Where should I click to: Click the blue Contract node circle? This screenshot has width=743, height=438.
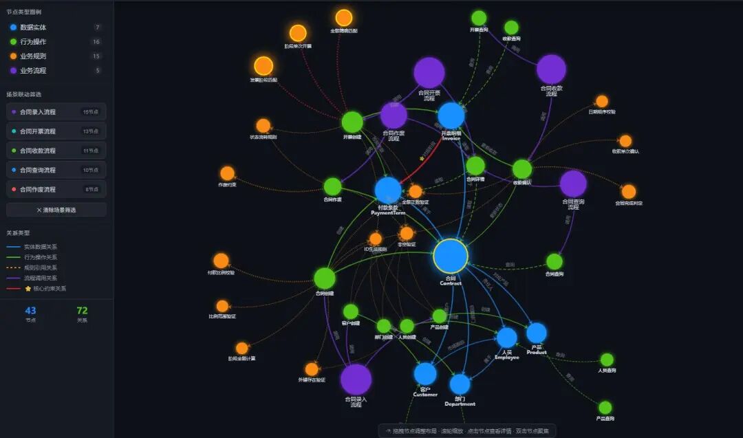[x=451, y=256]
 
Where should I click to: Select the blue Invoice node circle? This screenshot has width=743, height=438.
[x=451, y=116]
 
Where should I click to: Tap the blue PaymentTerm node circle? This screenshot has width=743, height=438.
[x=388, y=190]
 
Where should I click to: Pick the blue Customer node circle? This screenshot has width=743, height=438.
[x=425, y=373]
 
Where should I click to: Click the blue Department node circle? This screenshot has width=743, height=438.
[x=460, y=384]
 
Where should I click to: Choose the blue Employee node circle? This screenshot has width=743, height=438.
[x=506, y=338]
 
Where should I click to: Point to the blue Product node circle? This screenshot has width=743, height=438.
[x=537, y=333]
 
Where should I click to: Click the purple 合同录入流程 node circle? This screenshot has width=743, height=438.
[x=356, y=379]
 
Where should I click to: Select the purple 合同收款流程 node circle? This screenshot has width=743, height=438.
[x=551, y=69]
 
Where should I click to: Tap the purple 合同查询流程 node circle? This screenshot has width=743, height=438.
[x=573, y=184]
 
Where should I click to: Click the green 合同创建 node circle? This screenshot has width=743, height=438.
[x=325, y=278]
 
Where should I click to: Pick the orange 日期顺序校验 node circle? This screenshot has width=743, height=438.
[x=602, y=101]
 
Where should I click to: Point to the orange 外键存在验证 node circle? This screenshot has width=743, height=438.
[x=312, y=369]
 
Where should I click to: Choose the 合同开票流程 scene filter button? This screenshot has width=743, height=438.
[x=56, y=131]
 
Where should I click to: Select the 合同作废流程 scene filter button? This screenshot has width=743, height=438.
[x=56, y=188]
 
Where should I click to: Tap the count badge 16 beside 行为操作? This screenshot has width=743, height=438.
[x=97, y=41]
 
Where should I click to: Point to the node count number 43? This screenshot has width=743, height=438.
[x=30, y=311]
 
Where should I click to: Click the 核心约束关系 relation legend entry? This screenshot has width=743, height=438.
[x=45, y=289]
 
